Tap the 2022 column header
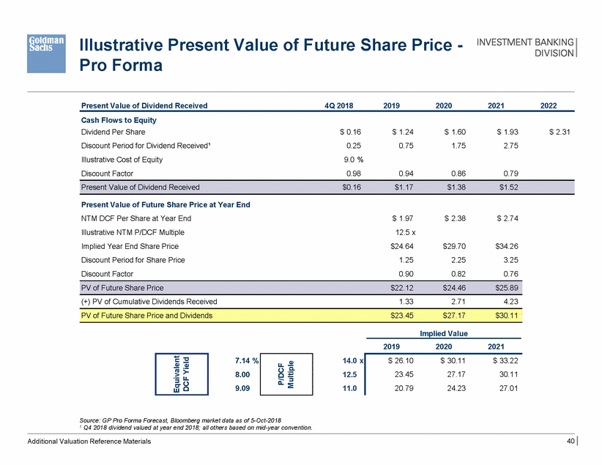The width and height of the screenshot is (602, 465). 549,105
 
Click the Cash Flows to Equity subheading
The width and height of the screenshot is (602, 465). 119,120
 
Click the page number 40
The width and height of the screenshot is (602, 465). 571,442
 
